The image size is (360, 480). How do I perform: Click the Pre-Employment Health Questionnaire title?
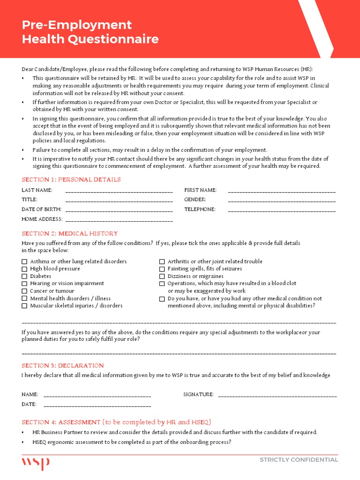pyautogui.click(x=90, y=31)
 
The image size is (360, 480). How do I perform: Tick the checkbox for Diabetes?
pyautogui.click(x=24, y=276)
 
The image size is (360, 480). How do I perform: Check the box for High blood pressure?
pyautogui.click(x=24, y=269)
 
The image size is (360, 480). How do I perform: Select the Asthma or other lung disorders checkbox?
pyautogui.click(x=24, y=262)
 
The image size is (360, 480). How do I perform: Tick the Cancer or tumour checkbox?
pyautogui.click(x=24, y=291)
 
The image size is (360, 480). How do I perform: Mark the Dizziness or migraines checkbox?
pyautogui.click(x=162, y=276)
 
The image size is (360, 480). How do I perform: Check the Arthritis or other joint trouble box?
pyautogui.click(x=162, y=262)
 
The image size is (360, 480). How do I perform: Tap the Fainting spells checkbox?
pyautogui.click(x=162, y=269)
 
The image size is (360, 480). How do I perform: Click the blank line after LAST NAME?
pyautogui.click(x=119, y=191)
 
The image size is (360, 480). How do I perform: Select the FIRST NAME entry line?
pyautogui.click(x=282, y=191)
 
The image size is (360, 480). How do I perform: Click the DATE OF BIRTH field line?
pyautogui.click(x=119, y=210)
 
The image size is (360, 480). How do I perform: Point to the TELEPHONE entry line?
pyautogui.click(x=282, y=210)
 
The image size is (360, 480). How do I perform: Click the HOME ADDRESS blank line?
pyautogui.click(x=119, y=220)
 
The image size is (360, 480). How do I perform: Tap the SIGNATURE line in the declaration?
pyautogui.click(x=277, y=395)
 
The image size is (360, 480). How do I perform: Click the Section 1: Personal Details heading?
pyautogui.click(x=71, y=180)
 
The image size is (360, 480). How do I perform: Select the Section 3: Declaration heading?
pyautogui.click(x=63, y=365)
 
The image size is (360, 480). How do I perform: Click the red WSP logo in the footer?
pyautogui.click(x=36, y=463)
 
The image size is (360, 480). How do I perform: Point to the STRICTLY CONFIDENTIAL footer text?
pyautogui.click(x=299, y=460)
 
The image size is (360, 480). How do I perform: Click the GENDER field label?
pyautogui.click(x=195, y=200)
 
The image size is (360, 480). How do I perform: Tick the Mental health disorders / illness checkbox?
pyautogui.click(x=24, y=299)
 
